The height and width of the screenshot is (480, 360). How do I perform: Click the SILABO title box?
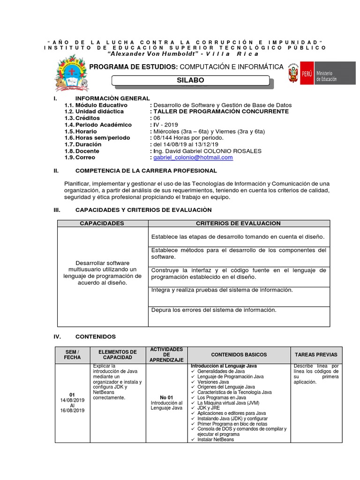pyautogui.click(x=190, y=81)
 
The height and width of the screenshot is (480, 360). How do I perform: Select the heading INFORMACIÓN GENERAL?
pyautogui.click(x=112, y=98)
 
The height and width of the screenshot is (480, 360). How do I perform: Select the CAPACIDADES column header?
pyautogui.click(x=102, y=223)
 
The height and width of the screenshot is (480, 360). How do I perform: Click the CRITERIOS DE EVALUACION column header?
pyautogui.click(x=238, y=223)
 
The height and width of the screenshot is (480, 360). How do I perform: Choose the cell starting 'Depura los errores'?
pyautogui.click(x=214, y=310)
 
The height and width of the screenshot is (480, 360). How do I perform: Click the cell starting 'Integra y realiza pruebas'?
pyautogui.click(x=222, y=290)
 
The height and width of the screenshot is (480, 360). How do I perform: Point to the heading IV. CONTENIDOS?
pyautogui.click(x=95, y=337)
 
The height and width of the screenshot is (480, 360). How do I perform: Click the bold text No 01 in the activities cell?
pyautogui.click(x=166, y=397)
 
